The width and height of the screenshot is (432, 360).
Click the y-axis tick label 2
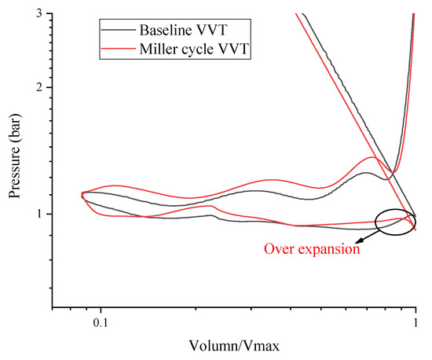click(x=42, y=86)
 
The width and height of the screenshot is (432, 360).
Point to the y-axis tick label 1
click(x=42, y=214)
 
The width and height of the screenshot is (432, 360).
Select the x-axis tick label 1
click(x=415, y=324)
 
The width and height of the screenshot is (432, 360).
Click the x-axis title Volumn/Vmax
click(x=233, y=346)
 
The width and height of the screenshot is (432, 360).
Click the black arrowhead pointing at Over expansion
click(x=357, y=241)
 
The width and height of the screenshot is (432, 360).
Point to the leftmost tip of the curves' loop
click(x=82, y=194)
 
